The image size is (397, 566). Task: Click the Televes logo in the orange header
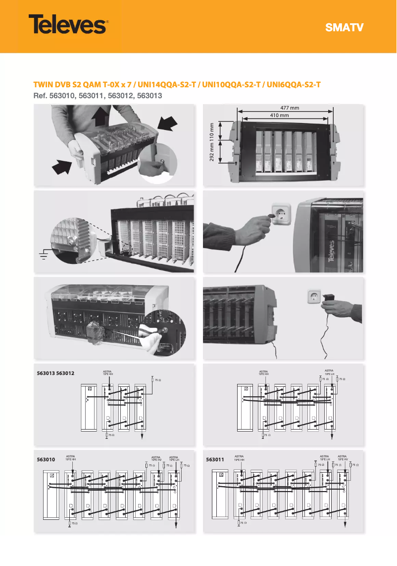tap(68, 24)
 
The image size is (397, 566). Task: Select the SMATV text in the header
tap(344, 27)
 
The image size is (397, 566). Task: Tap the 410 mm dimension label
tap(280, 115)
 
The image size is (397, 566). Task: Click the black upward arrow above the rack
tap(101, 118)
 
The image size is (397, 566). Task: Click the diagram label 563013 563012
tap(55, 373)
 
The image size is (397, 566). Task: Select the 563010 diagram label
tap(46, 460)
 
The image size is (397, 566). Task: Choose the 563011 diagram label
tap(215, 460)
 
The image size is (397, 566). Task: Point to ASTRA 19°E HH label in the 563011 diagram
tap(239, 457)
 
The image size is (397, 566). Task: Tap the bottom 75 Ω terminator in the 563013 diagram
tap(107, 435)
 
